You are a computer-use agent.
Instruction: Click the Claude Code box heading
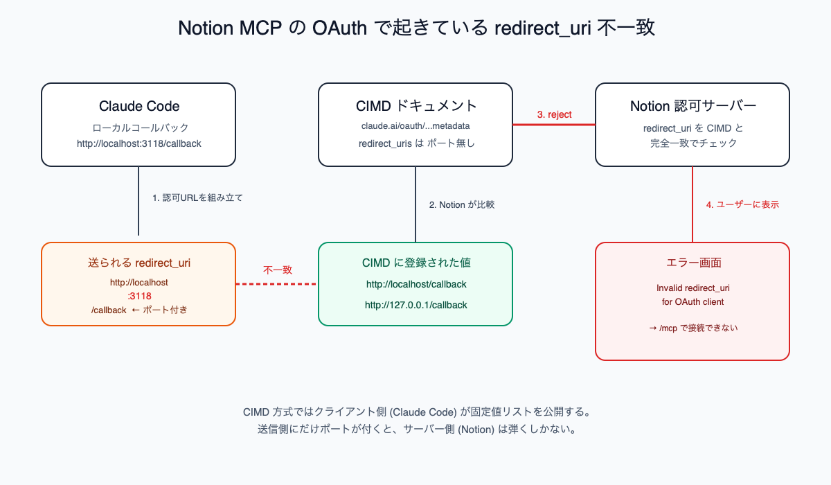tap(138, 106)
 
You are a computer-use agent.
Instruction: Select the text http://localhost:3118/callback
tap(138, 143)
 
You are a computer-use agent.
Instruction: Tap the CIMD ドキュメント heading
tap(415, 106)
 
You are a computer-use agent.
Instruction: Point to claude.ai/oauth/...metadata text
tap(415, 126)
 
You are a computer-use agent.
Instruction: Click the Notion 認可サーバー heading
tap(692, 106)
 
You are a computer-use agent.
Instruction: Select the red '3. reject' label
tap(554, 114)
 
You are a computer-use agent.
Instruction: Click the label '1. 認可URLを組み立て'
tap(197, 197)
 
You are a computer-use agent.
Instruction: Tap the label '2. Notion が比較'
tap(462, 205)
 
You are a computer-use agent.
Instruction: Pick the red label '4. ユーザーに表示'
tap(742, 205)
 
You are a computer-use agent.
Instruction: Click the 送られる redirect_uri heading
tap(138, 263)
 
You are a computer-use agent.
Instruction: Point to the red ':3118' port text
tap(139, 296)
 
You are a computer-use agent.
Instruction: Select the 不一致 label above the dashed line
tap(277, 270)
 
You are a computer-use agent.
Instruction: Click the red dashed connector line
tap(277, 284)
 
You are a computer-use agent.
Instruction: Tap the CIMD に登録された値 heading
tap(415, 263)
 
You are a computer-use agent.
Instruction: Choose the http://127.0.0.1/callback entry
tap(415, 305)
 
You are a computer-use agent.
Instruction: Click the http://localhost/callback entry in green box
tap(415, 284)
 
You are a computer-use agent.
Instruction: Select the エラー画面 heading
tap(692, 263)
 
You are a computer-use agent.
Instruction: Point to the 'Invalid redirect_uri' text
tap(692, 288)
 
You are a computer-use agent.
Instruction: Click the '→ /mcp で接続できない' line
tap(692, 328)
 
